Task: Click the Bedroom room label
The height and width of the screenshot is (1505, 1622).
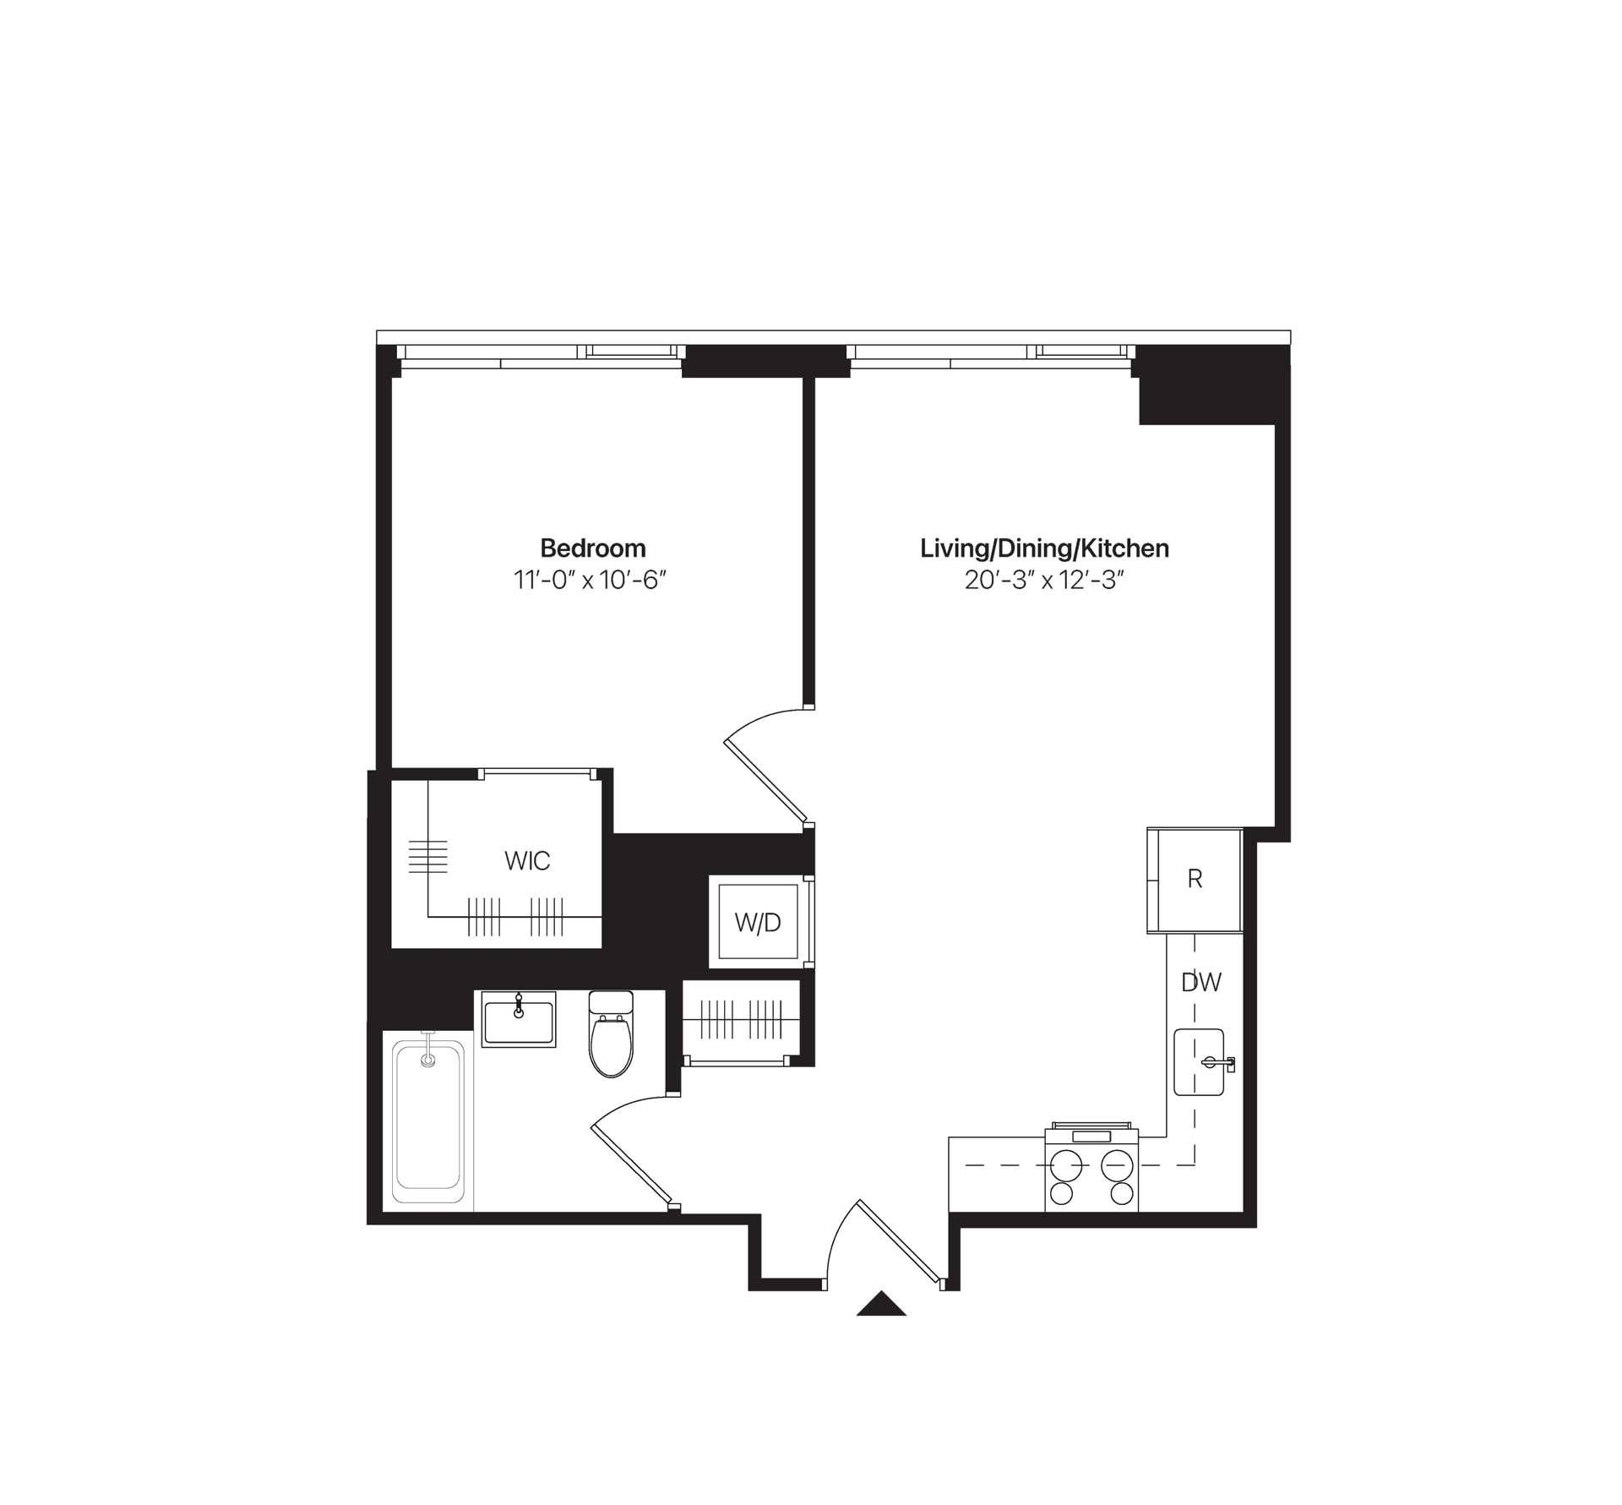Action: pyautogui.click(x=592, y=548)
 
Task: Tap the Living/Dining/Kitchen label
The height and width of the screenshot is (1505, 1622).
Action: pyautogui.click(x=1044, y=548)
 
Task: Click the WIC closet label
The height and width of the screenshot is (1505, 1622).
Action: pyautogui.click(x=527, y=861)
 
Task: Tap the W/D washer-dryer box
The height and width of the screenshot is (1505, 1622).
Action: pyautogui.click(x=758, y=923)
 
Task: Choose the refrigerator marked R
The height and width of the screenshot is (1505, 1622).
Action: pyautogui.click(x=1195, y=880)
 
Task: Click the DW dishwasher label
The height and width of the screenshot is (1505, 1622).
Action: pyautogui.click(x=1201, y=982)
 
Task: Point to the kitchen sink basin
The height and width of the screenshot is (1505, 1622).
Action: pyautogui.click(x=1198, y=1062)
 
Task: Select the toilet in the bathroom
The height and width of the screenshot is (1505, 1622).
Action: pyautogui.click(x=611, y=1038)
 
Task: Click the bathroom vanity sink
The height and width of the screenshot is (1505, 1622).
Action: pyautogui.click(x=519, y=1020)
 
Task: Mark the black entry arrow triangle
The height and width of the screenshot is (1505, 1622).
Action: pyautogui.click(x=881, y=1305)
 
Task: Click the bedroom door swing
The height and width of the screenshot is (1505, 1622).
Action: pyautogui.click(x=765, y=765)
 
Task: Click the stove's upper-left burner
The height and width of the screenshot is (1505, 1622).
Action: pyautogui.click(x=1065, y=1164)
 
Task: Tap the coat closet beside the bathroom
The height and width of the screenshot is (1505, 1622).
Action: pyautogui.click(x=742, y=1021)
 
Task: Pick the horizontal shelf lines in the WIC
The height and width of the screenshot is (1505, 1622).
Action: pyautogui.click(x=427, y=856)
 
